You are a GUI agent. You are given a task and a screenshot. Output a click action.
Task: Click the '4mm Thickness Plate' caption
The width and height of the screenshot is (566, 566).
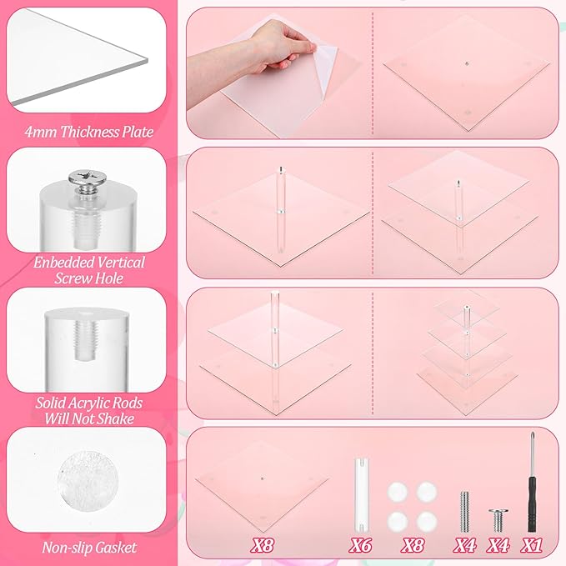pyautogui.click(x=89, y=132)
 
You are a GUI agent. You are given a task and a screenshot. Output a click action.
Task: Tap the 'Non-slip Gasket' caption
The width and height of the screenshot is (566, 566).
pyautogui.click(x=89, y=548)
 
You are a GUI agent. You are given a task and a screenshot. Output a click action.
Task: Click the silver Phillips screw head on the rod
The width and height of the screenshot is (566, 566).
pyautogui.click(x=84, y=178)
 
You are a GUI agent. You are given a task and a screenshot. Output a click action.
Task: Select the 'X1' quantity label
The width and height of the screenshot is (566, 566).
pyautogui.click(x=531, y=545)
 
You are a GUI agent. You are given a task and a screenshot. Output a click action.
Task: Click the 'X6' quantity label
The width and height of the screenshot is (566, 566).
pyautogui.click(x=360, y=545)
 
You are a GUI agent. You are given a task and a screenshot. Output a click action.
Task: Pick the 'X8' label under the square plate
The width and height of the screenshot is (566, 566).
pyautogui.click(x=263, y=545)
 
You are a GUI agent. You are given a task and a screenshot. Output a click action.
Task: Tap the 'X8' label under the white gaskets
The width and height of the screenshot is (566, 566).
pyautogui.click(x=413, y=545)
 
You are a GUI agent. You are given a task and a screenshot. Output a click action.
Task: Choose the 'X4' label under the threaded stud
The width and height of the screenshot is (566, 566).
pyautogui.click(x=465, y=545)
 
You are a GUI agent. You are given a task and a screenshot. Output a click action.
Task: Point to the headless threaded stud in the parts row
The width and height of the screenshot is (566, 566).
pyautogui.click(x=464, y=512)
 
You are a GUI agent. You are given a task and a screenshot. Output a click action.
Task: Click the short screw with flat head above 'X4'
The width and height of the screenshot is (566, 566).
pyautogui.click(x=498, y=520)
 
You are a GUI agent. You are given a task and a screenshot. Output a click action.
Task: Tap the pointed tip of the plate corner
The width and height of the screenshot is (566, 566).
pyautogui.click(x=148, y=59)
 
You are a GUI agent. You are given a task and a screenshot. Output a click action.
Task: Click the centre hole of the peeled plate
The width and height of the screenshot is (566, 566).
pyautogui.click(x=466, y=64)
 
